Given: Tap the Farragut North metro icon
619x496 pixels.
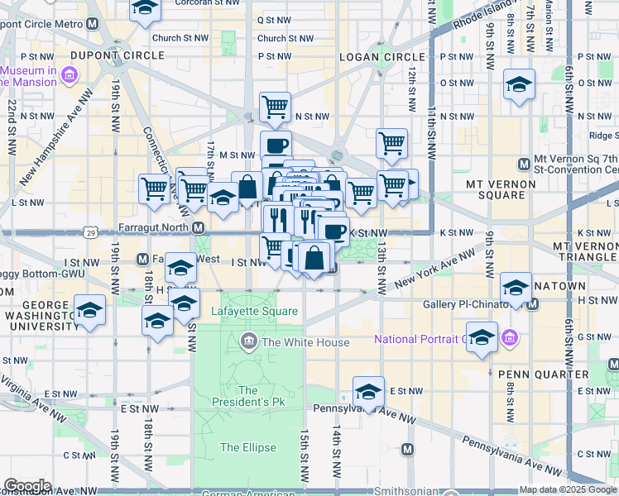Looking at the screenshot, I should tap(199, 227).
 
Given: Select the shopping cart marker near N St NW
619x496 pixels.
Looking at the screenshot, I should tap(275, 106).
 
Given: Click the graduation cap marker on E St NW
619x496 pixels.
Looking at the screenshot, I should tap(369, 390).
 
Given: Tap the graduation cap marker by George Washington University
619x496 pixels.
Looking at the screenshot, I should tap(90, 310).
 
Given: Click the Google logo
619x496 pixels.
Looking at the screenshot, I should tap(27, 486).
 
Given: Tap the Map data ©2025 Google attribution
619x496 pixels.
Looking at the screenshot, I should tap(567, 489).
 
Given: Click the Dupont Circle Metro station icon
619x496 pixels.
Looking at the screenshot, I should tap(91, 24).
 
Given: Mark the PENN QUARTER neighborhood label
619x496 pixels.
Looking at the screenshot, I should tap(531, 374).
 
